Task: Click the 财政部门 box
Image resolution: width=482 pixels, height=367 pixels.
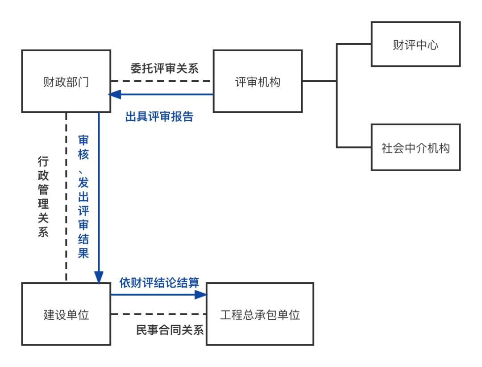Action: pyautogui.click(x=66, y=81)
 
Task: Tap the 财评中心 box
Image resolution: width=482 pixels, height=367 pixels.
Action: pyautogui.click(x=416, y=45)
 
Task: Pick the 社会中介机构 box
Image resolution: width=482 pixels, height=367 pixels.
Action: pyautogui.click(x=416, y=148)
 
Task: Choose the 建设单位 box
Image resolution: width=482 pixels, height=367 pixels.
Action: pyautogui.click(x=66, y=314)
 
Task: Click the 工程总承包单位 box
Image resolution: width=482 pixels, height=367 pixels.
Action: pyautogui.click(x=260, y=314)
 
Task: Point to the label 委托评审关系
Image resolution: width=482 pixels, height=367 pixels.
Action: pyautogui.click(x=164, y=69)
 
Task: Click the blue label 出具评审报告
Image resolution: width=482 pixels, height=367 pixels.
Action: pyautogui.click(x=159, y=117)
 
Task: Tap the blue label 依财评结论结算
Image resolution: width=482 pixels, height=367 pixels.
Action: pyautogui.click(x=159, y=282)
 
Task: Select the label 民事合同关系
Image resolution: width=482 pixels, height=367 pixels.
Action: pyautogui.click(x=170, y=330)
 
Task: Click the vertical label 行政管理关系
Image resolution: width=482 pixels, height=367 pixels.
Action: pyautogui.click(x=43, y=196)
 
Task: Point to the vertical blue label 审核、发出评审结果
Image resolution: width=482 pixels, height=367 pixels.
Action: pyautogui.click(x=83, y=196)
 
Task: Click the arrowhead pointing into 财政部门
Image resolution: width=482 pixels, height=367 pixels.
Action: pyautogui.click(x=115, y=94)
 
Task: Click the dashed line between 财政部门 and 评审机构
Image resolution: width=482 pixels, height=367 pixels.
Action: pyautogui.click(x=162, y=81)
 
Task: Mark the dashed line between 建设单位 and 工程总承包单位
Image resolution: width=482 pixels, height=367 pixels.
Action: pyautogui.click(x=158, y=314)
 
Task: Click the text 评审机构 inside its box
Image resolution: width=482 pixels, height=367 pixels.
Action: pyautogui.click(x=258, y=82)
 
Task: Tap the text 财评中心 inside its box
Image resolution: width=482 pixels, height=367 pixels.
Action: pyautogui.click(x=416, y=45)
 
